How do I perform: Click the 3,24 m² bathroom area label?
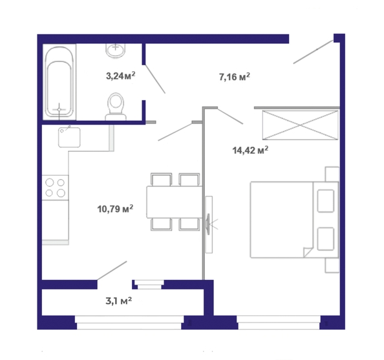120,76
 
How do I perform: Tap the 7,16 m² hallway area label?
235,77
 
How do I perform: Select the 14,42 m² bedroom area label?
250,150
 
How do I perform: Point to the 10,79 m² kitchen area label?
115,209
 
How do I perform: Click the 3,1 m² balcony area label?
119,301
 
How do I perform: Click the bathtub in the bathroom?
59,82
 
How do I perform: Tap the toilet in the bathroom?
116,107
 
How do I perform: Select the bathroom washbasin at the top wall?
116,50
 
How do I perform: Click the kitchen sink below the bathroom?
69,137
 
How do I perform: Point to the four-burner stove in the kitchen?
55,187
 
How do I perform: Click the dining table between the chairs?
175,202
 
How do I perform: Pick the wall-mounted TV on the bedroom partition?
208,224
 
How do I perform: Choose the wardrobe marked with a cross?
300,125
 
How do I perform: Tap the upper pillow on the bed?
326,201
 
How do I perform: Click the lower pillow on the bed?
326,239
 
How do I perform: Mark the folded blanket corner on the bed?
308,253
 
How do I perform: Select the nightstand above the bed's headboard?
332,174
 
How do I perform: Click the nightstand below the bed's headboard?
332,265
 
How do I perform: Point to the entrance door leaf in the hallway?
314,52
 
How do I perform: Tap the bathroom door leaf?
155,79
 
